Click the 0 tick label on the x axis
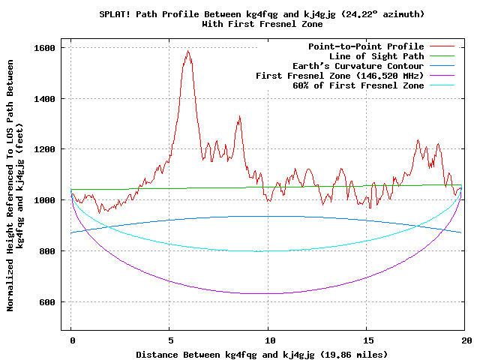71,340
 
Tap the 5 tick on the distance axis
169,340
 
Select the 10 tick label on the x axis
268,340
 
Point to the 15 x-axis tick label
367,340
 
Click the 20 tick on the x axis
466,340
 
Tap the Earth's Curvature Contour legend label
361,66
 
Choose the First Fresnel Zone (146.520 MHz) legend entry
340,76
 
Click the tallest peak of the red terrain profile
188,51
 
